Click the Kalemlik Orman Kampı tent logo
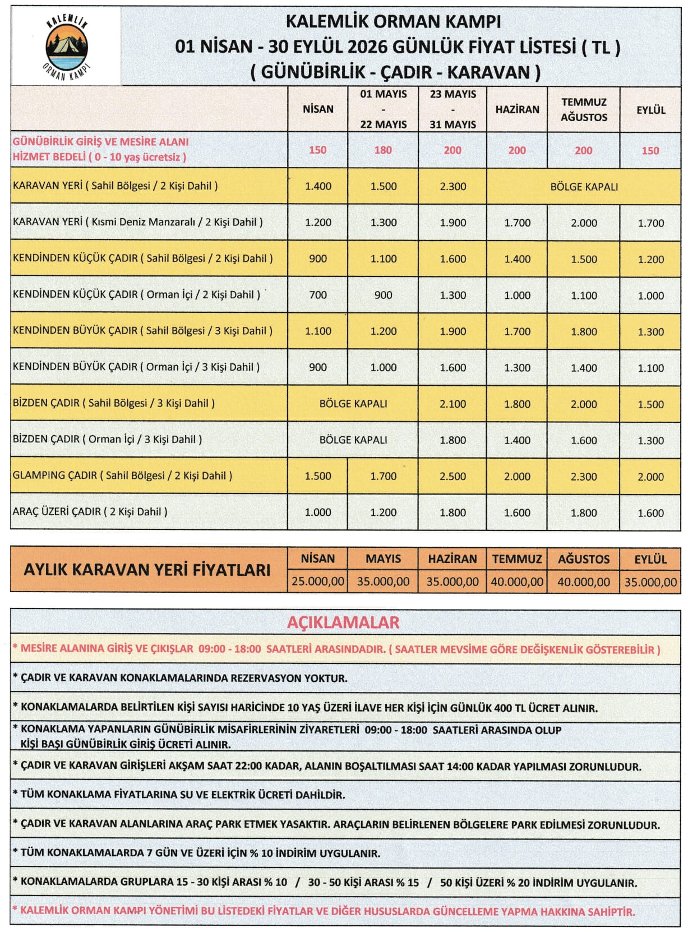pyautogui.click(x=67, y=46)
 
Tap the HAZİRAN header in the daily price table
pyautogui.click(x=517, y=109)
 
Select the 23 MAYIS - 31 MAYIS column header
pyautogui.click(x=452, y=109)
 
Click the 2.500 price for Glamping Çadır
pyautogui.click(x=452, y=476)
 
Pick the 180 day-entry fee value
pyautogui.click(x=383, y=150)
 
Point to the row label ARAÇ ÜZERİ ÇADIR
pyautogui.click(x=90, y=511)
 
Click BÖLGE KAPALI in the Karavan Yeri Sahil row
pyautogui.click(x=584, y=187)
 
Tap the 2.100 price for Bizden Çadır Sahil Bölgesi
pyautogui.click(x=452, y=404)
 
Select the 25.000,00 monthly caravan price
pyautogui.click(x=318, y=582)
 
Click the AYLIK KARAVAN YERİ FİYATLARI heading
pyautogui.click(x=147, y=570)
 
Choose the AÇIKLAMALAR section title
pyautogui.click(x=343, y=622)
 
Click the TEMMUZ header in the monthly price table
pyautogui.click(x=517, y=559)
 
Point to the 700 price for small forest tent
pyautogui.click(x=318, y=295)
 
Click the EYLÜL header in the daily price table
pyautogui.click(x=650, y=110)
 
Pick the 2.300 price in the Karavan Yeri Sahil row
pyautogui.click(x=452, y=187)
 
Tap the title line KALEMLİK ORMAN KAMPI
pyautogui.click(x=393, y=21)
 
